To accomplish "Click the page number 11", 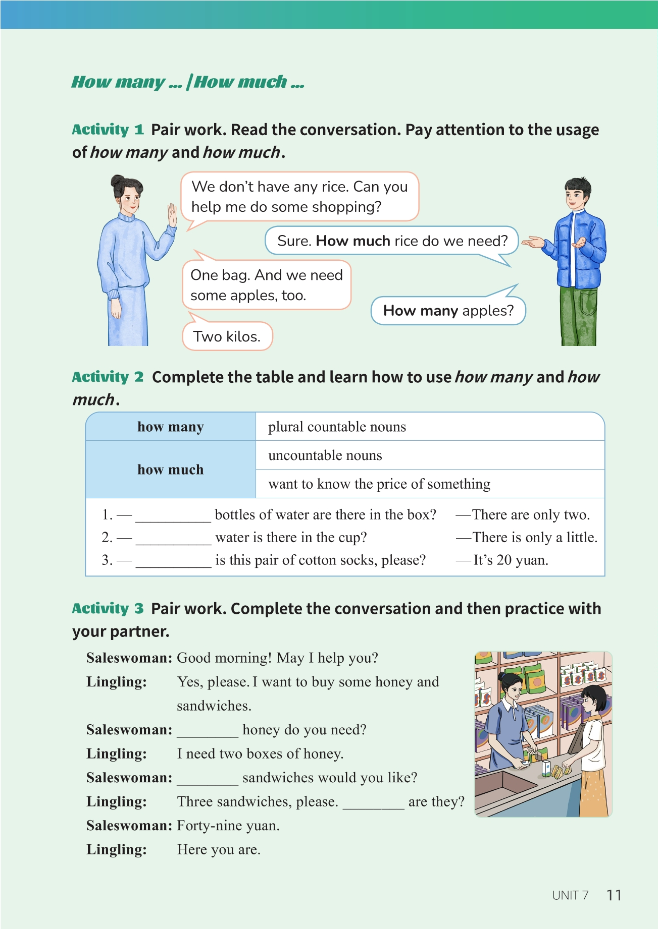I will pos(614,895).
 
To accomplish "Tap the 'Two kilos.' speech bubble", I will pos(227,336).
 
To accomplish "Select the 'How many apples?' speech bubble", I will pos(448,311).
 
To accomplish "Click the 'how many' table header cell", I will pos(171,427).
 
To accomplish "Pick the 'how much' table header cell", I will pos(171,470).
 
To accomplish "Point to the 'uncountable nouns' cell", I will pos(325,455).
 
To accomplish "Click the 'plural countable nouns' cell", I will pos(337,427).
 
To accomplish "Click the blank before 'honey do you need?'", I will pos(208,731).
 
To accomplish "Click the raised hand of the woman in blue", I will pos(172,214).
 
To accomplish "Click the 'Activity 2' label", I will pos(108,377).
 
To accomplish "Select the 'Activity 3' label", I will pos(108,609).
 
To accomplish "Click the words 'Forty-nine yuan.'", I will pos(228,826).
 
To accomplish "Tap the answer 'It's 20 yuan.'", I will pos(510,560).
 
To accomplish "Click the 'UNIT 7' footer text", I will pos(570,896).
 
